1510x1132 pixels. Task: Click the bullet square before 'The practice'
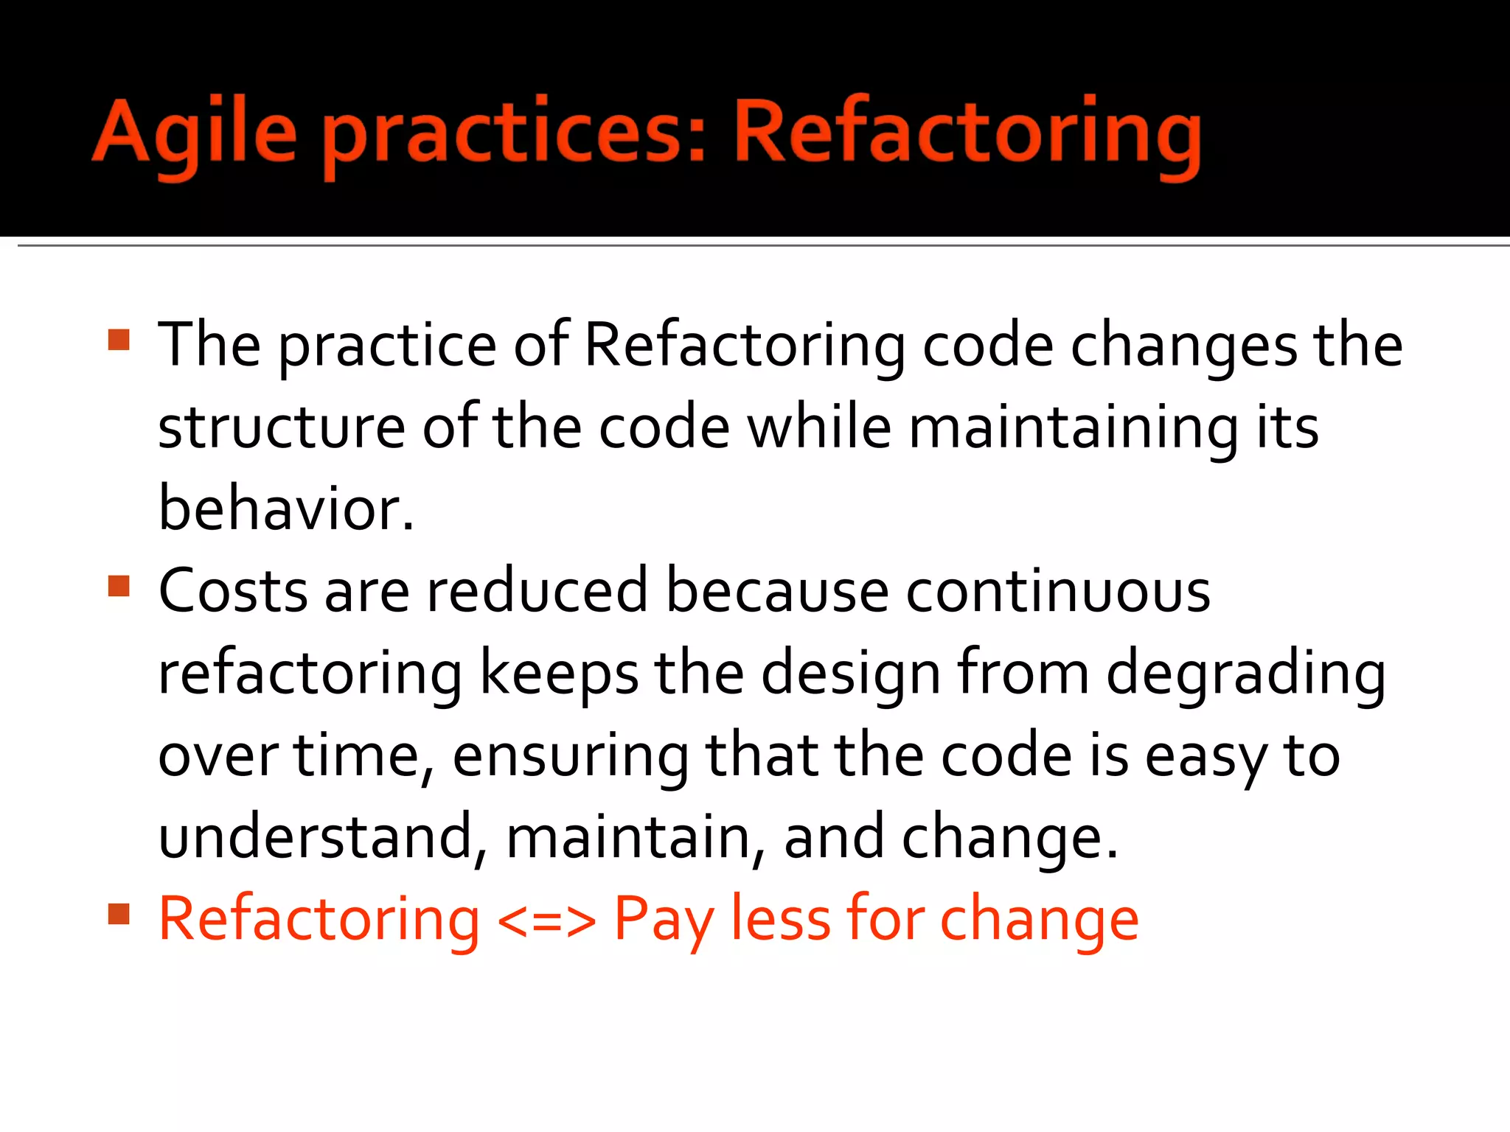[x=119, y=340]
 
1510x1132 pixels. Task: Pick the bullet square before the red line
[x=119, y=914]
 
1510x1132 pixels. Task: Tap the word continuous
[x=1057, y=591]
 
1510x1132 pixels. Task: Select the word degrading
[x=1245, y=674]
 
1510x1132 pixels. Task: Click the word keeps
[x=559, y=674]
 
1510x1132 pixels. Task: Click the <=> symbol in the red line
[x=546, y=920]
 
